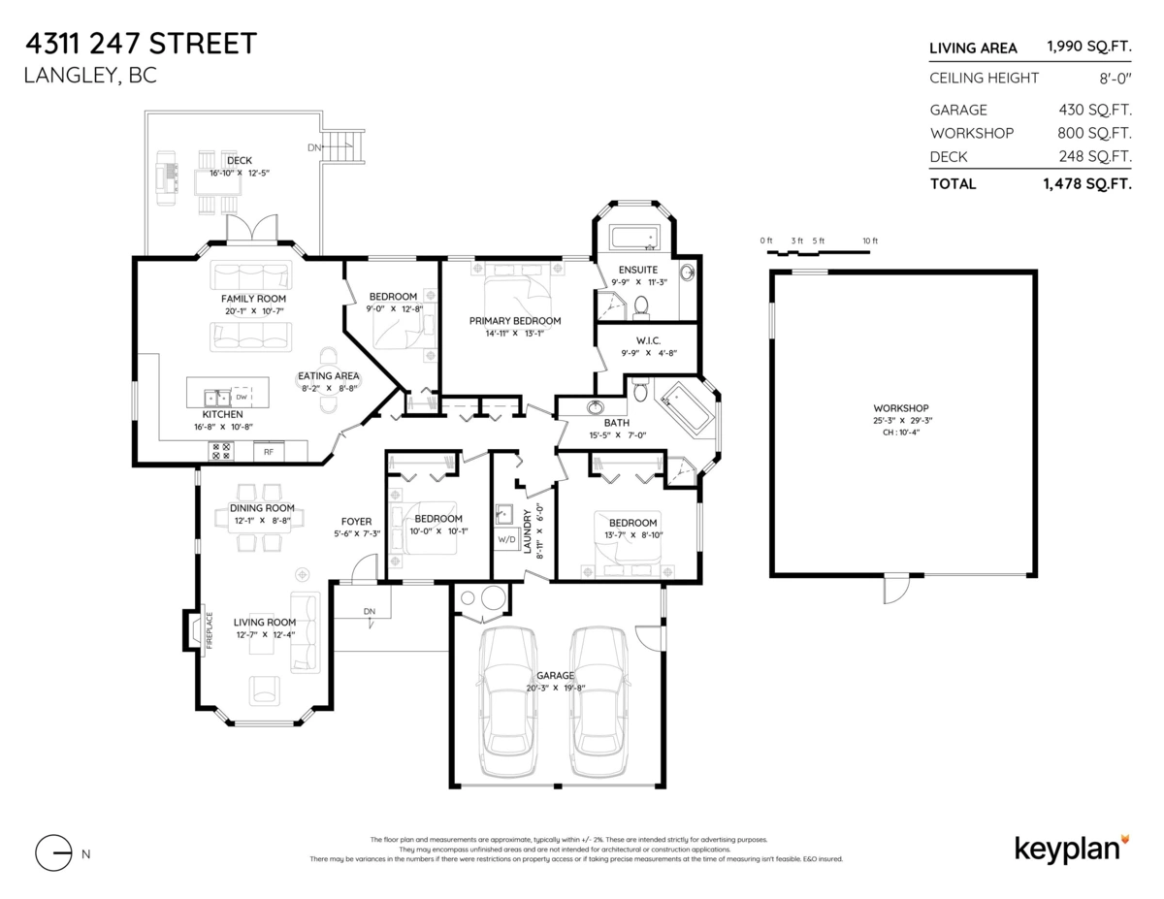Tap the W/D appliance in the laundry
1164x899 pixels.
tap(506, 539)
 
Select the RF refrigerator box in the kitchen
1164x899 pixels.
tap(269, 451)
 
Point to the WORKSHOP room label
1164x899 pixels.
tap(900, 407)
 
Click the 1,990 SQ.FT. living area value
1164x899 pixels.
tap(1088, 48)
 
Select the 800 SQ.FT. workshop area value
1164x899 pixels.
tap(1094, 133)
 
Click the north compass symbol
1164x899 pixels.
tap(54, 852)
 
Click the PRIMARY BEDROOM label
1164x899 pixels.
tap(514, 321)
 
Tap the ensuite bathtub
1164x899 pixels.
tap(633, 238)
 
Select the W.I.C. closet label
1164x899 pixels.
tap(647, 340)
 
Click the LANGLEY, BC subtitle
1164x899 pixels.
tap(89, 76)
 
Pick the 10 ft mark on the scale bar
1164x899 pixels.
tap(869, 241)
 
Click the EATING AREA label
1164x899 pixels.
tap(328, 376)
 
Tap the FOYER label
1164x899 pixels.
tap(357, 521)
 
